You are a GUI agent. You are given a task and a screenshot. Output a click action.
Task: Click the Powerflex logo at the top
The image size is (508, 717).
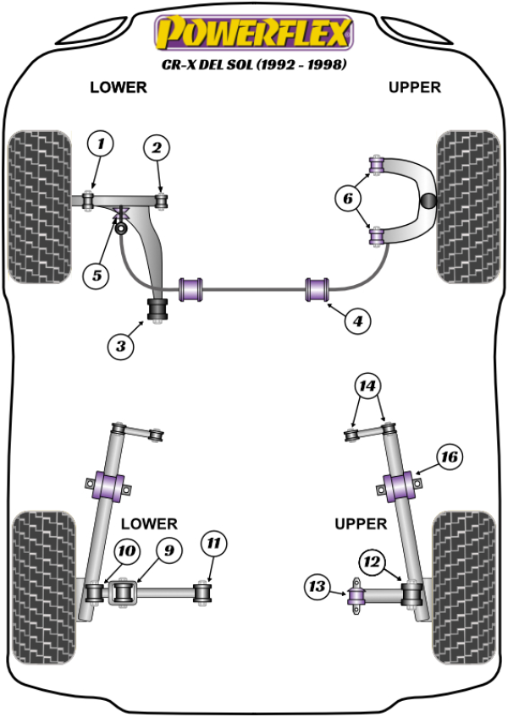click(251, 34)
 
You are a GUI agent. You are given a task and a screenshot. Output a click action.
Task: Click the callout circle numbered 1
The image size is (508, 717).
click(101, 145)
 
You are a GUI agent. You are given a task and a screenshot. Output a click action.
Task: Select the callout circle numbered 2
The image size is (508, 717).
click(156, 149)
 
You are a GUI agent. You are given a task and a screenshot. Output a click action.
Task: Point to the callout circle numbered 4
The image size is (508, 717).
click(358, 320)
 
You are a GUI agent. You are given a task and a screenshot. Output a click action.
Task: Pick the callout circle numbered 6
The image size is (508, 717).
click(346, 200)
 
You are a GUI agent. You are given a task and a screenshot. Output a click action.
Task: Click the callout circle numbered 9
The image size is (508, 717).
click(168, 550)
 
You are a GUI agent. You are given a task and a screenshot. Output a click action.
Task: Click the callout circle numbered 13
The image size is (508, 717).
click(317, 585)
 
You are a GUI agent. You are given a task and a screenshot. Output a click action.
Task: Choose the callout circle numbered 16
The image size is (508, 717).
click(449, 457)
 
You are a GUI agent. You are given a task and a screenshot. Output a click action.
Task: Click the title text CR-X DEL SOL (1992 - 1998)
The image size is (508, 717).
click(254, 63)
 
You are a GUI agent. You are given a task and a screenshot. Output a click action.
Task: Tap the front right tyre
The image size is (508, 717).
click(467, 207)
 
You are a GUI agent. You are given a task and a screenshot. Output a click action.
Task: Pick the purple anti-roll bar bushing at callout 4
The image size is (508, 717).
click(318, 287)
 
